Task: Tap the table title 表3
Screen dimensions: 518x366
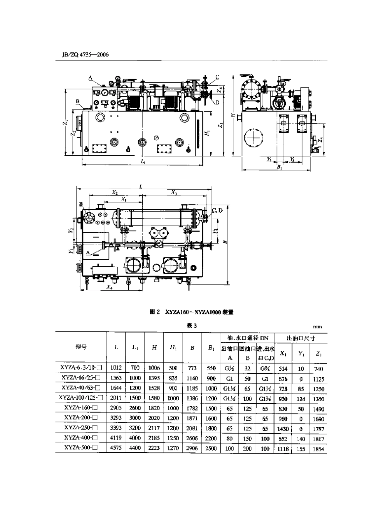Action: [192, 326]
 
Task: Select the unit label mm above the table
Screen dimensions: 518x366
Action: [317, 327]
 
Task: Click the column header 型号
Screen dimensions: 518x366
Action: [81, 347]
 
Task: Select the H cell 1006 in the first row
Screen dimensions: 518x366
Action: [154, 368]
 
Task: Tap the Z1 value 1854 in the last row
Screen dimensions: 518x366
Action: [318, 449]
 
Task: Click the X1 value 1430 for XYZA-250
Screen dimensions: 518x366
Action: [283, 428]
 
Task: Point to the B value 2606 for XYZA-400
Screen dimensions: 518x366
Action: [192, 438]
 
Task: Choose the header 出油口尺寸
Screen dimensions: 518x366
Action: [301, 338]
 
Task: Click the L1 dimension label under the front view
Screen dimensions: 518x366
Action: [143, 162]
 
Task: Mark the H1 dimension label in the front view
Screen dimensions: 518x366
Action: [207, 133]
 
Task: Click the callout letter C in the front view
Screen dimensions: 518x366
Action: [217, 77]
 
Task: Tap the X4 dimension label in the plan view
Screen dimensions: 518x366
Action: [110, 287]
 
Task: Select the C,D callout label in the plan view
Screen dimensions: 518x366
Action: [217, 210]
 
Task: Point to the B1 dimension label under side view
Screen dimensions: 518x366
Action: [280, 168]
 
